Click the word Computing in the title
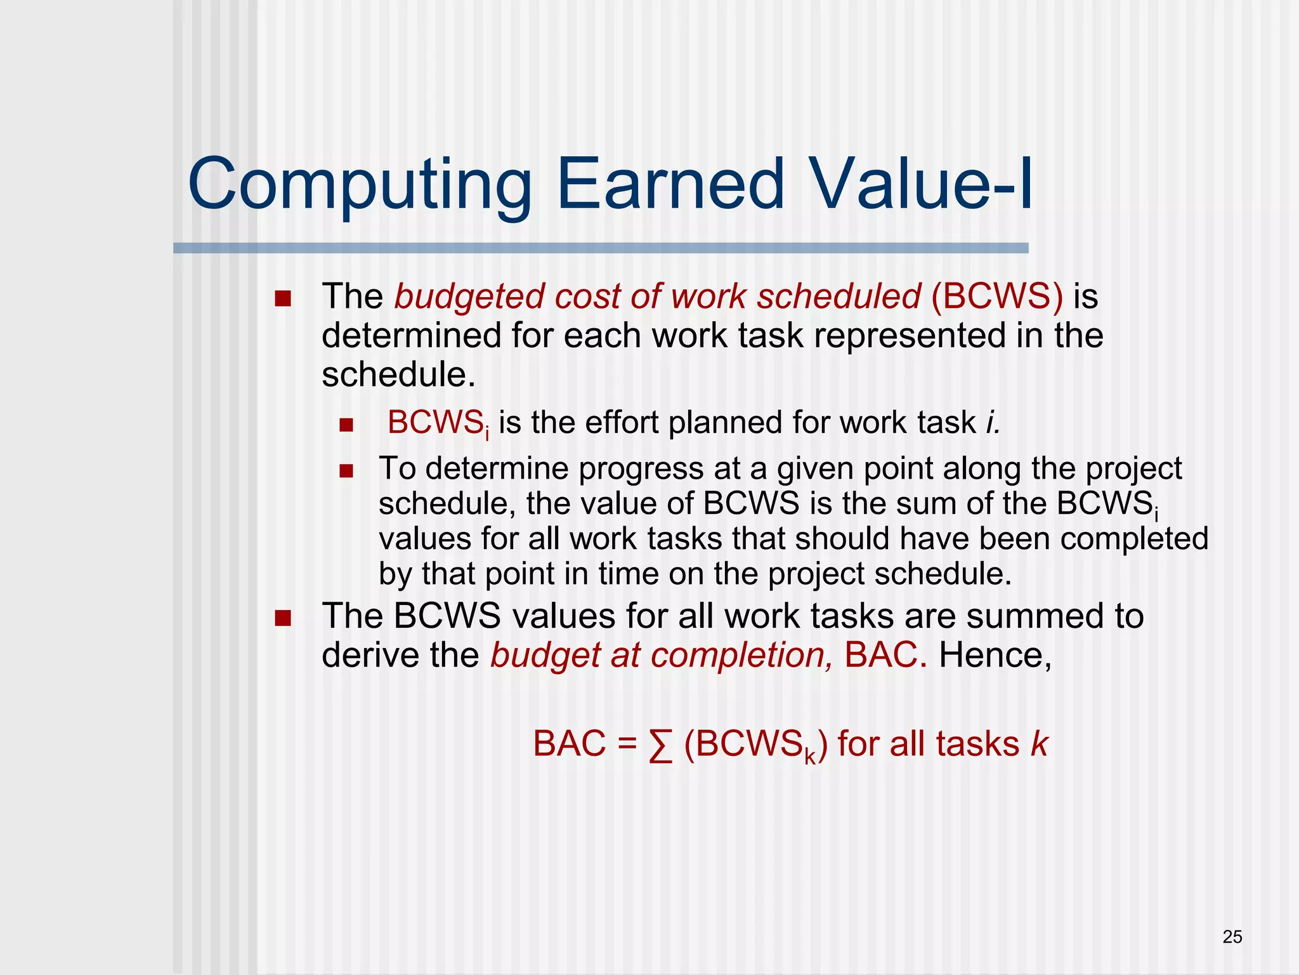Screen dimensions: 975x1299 click(x=359, y=185)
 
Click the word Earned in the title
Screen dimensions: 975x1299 click(x=670, y=184)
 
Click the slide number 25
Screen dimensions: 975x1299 click(x=1232, y=937)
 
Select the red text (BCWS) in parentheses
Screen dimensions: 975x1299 click(x=996, y=296)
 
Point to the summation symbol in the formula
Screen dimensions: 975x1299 click(x=660, y=745)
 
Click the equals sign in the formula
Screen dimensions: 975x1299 click(x=627, y=744)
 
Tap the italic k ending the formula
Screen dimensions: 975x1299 click(x=1039, y=744)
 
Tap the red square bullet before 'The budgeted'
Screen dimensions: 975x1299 click(x=283, y=298)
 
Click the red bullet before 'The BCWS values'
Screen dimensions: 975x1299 click(x=283, y=618)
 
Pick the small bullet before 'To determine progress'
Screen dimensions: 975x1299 click(x=346, y=471)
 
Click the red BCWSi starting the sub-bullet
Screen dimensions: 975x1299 click(x=438, y=423)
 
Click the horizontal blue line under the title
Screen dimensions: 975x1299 click(x=600, y=248)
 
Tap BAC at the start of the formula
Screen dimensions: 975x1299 click(x=569, y=744)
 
